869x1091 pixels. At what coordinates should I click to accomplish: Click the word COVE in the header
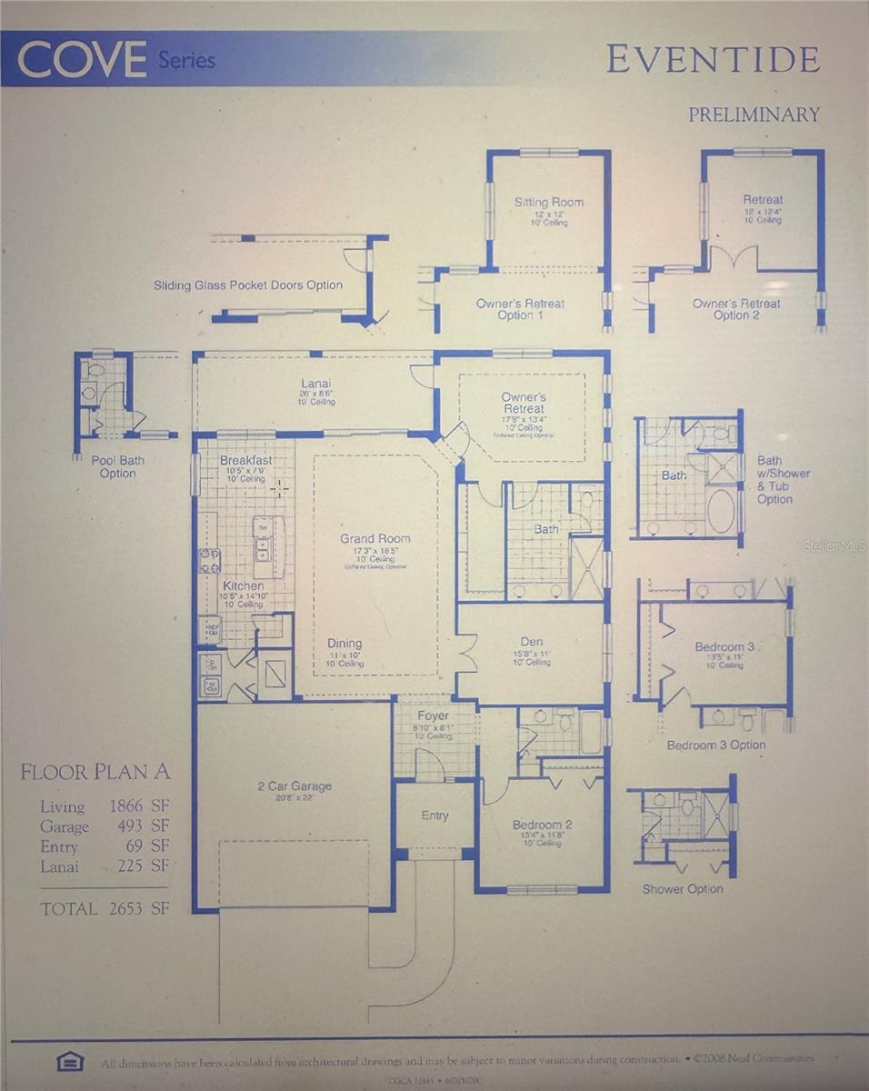[82, 61]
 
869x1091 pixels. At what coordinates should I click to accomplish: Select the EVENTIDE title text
[713, 60]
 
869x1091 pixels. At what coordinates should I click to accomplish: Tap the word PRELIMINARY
[754, 115]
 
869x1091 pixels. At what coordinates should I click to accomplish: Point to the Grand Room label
[375, 538]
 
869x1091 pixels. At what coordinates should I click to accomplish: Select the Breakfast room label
[245, 461]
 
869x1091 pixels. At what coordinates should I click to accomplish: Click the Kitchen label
[244, 586]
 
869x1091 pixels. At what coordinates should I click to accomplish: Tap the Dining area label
[345, 644]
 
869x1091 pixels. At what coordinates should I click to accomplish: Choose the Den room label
[532, 641]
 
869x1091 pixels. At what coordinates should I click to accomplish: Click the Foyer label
[434, 716]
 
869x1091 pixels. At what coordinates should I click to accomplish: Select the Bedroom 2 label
[541, 826]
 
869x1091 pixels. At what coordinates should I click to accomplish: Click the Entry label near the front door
[434, 816]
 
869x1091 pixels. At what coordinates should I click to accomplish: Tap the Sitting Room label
[549, 202]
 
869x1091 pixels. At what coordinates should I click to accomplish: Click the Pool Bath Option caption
[117, 466]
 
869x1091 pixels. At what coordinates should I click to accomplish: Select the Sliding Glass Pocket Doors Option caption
[248, 285]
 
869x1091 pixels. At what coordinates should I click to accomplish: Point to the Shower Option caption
[683, 889]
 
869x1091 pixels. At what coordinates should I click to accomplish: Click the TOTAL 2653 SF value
[105, 908]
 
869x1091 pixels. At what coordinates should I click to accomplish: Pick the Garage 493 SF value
[105, 826]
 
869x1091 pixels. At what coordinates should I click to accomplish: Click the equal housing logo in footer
[70, 1060]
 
